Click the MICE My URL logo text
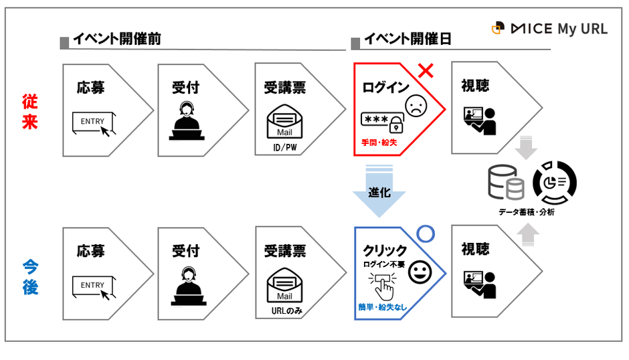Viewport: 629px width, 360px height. [x=558, y=29]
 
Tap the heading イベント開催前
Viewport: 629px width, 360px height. [x=116, y=39]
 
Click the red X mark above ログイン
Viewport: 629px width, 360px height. [x=426, y=70]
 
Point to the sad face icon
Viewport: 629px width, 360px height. [x=416, y=106]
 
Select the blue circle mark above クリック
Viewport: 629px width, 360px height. [x=426, y=234]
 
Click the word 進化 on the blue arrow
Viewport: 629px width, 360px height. [x=379, y=193]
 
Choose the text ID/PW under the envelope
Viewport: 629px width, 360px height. [x=284, y=147]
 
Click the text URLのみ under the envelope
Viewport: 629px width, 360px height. [x=284, y=311]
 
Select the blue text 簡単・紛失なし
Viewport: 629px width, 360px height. [x=382, y=307]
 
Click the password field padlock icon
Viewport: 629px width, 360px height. [x=397, y=122]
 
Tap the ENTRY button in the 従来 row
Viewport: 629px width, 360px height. [x=93, y=121]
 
